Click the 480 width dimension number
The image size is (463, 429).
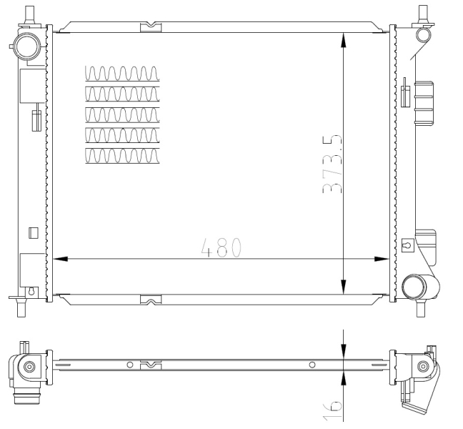(x=221, y=247)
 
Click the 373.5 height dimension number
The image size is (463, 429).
(x=332, y=164)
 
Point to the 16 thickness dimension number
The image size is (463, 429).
(x=332, y=410)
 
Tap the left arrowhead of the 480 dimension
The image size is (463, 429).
(x=60, y=259)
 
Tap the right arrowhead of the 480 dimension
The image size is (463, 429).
(x=382, y=259)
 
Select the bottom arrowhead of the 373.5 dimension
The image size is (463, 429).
(x=343, y=287)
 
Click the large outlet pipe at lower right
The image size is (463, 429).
(x=420, y=287)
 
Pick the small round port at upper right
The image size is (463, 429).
(x=424, y=34)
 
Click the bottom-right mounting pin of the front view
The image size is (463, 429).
(x=420, y=307)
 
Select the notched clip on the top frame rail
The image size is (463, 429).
(x=151, y=27)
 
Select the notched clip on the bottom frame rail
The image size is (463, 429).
(x=151, y=300)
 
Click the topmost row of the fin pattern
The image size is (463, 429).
(x=122, y=73)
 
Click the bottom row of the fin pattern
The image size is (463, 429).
(x=122, y=156)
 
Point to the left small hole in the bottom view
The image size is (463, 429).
(x=129, y=365)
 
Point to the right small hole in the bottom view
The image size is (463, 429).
(x=312, y=365)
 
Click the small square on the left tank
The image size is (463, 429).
(x=34, y=233)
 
